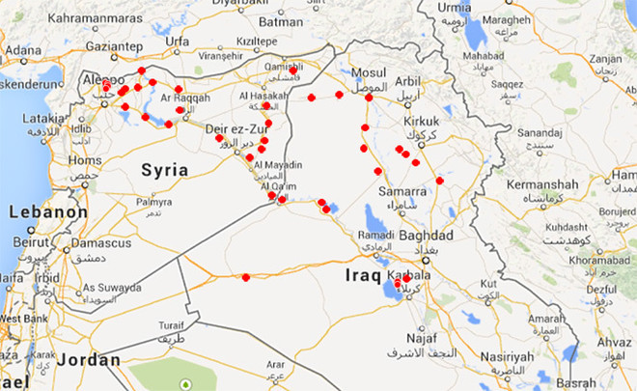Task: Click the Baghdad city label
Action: tap(425, 236)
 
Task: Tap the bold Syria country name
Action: tap(165, 170)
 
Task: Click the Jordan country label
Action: tap(89, 359)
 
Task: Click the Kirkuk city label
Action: tap(420, 121)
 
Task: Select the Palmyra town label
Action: tap(153, 203)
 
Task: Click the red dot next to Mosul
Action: tap(369, 98)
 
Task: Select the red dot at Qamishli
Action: tap(293, 70)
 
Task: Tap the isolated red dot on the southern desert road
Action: tap(246, 277)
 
